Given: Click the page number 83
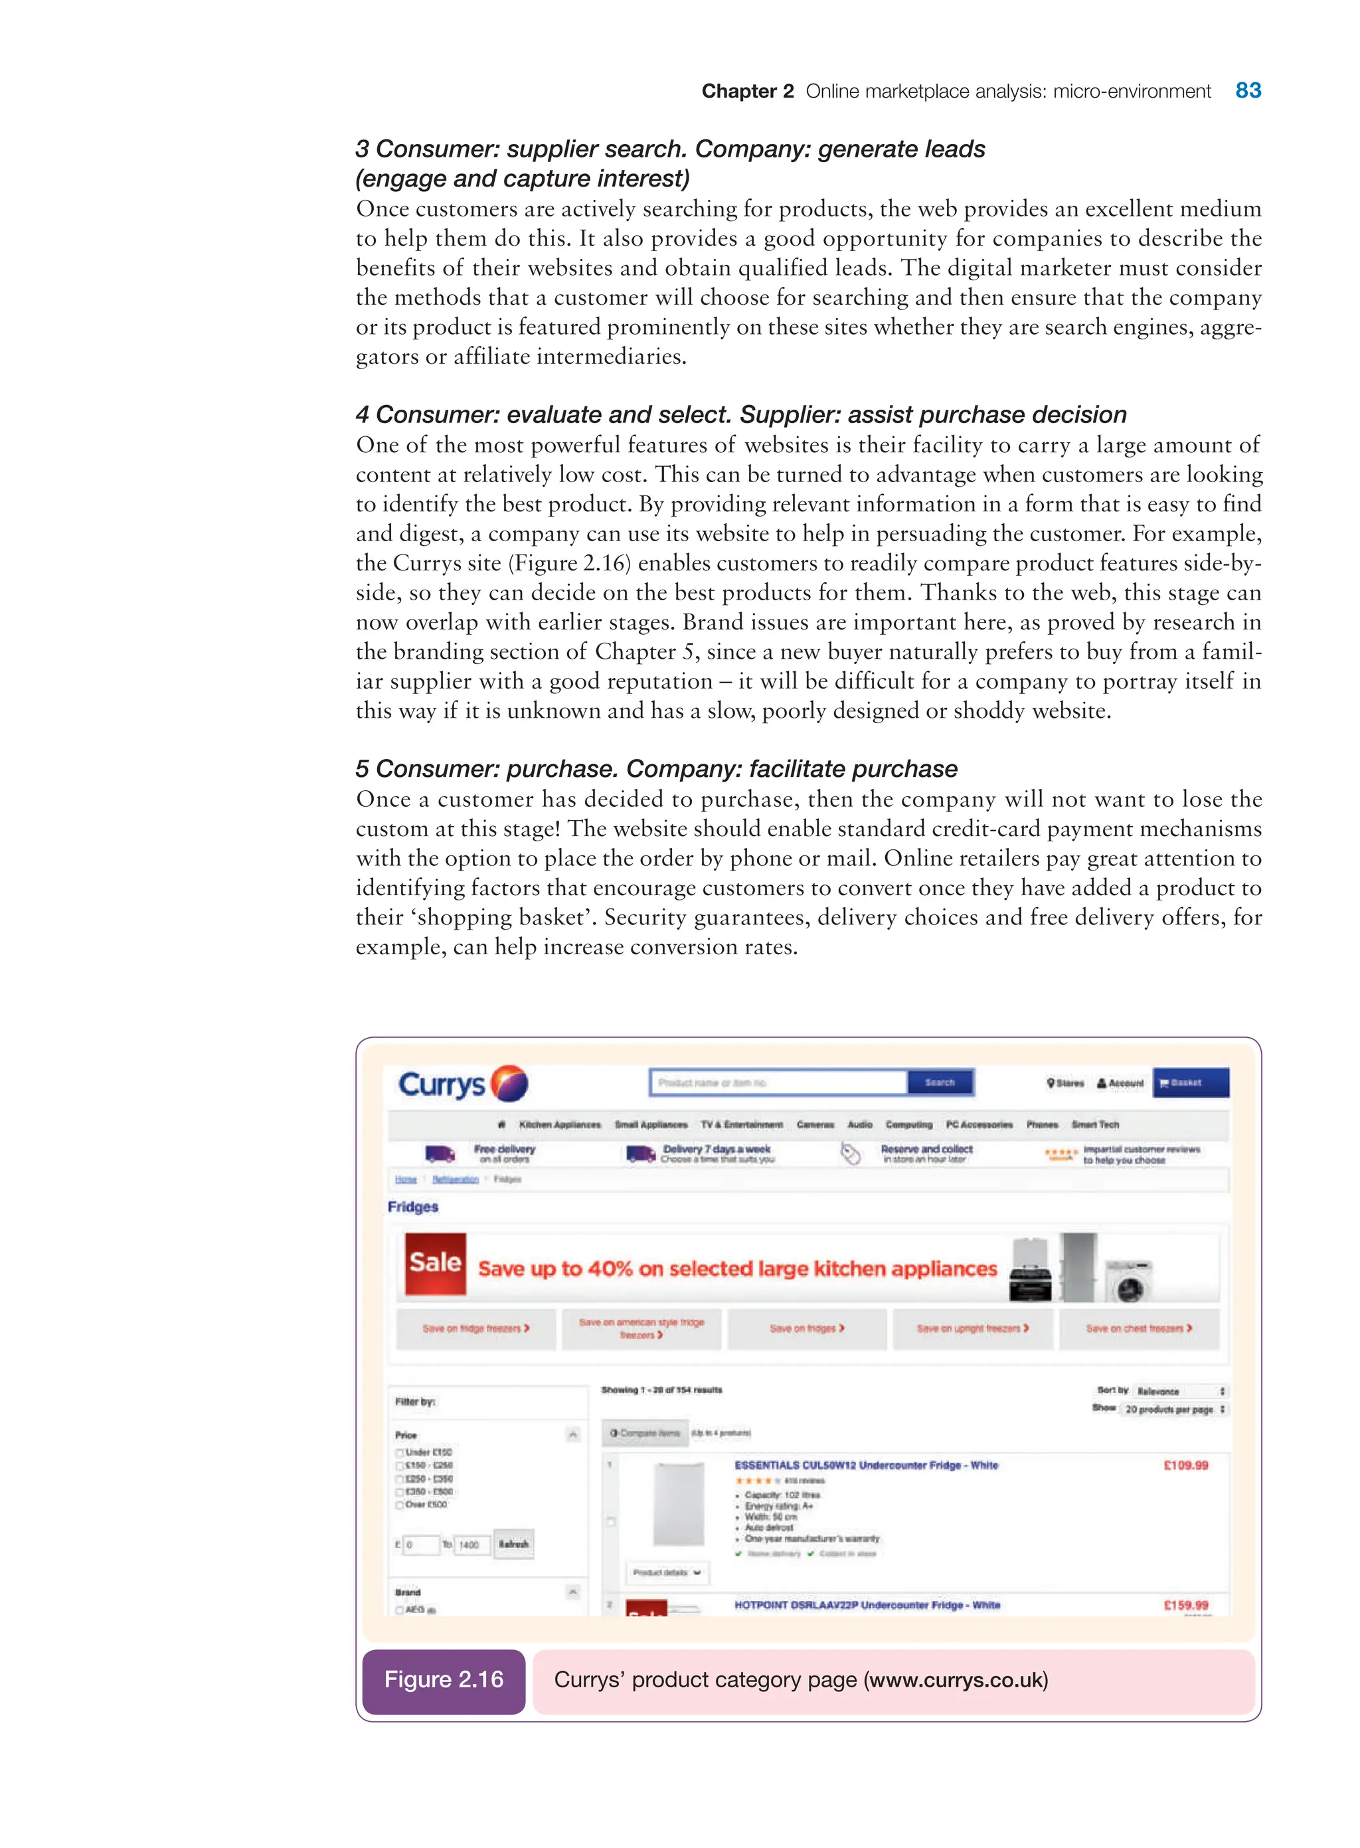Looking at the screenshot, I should [1247, 90].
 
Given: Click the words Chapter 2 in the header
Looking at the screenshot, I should [746, 92].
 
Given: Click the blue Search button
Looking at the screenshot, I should [940, 1082].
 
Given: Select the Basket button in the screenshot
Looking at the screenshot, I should [1191, 1082].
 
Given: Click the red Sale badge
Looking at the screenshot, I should [436, 1264].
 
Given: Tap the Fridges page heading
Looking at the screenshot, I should [412, 1207].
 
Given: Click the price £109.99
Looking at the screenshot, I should [1185, 1466].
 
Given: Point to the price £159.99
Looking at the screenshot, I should [1185, 1605].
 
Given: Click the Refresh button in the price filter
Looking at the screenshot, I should [513, 1545].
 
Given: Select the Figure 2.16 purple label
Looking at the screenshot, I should [444, 1679].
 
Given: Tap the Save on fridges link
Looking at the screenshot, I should [807, 1329].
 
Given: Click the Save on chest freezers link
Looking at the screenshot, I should [1139, 1329].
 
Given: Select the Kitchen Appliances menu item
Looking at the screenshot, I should [560, 1124].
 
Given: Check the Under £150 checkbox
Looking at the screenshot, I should [400, 1453].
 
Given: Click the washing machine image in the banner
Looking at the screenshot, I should [1129, 1281].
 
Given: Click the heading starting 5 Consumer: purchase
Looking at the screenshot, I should [656, 769].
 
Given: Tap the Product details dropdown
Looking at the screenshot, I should [666, 1572].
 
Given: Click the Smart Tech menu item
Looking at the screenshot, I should [1095, 1124].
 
